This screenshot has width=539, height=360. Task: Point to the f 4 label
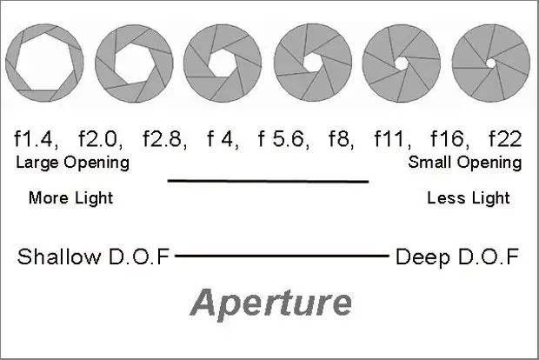click(x=223, y=138)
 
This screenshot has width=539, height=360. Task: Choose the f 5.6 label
click(x=284, y=138)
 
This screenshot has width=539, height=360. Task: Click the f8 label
click(x=342, y=138)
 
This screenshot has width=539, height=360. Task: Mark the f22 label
click(x=505, y=138)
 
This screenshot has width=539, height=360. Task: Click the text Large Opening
click(x=73, y=163)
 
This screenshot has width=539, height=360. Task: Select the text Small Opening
click(x=465, y=163)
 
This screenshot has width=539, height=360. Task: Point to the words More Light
click(x=70, y=198)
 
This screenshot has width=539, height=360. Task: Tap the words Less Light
click(x=469, y=198)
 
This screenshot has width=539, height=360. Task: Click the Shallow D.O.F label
click(x=94, y=257)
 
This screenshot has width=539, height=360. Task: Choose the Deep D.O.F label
click(x=457, y=257)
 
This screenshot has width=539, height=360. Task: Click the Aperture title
click(x=271, y=303)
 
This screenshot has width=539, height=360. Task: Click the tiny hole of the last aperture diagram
click(x=490, y=63)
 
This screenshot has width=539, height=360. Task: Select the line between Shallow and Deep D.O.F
click(x=282, y=257)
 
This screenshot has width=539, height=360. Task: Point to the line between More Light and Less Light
click(x=268, y=181)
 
